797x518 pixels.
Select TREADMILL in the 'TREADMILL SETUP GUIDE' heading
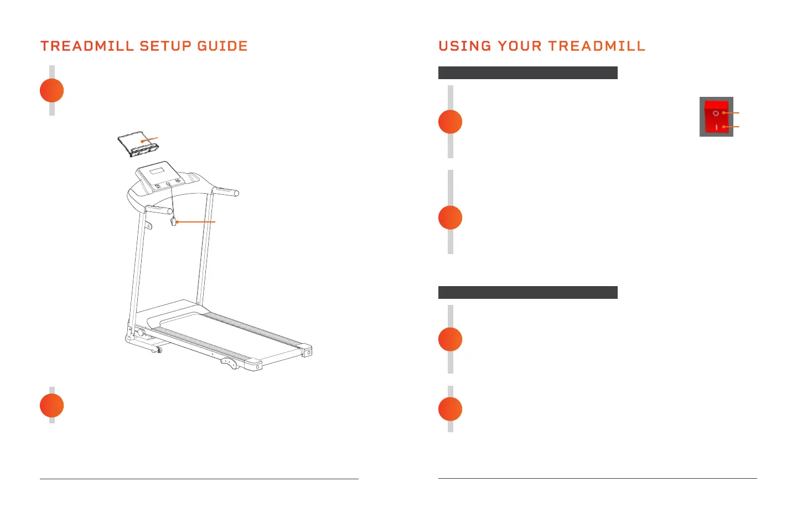point(88,46)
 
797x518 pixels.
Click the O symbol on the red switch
point(716,113)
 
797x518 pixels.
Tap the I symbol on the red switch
point(716,127)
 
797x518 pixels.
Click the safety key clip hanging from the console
point(173,222)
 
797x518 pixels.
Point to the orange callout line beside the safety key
point(196,222)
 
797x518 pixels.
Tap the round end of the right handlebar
point(236,193)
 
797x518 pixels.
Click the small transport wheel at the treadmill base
point(159,350)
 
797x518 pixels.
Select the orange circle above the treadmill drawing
point(52,91)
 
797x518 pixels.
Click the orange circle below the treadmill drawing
point(52,406)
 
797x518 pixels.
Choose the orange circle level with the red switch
point(451,122)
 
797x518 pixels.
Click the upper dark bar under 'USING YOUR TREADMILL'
point(527,73)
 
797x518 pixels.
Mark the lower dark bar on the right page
point(527,292)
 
